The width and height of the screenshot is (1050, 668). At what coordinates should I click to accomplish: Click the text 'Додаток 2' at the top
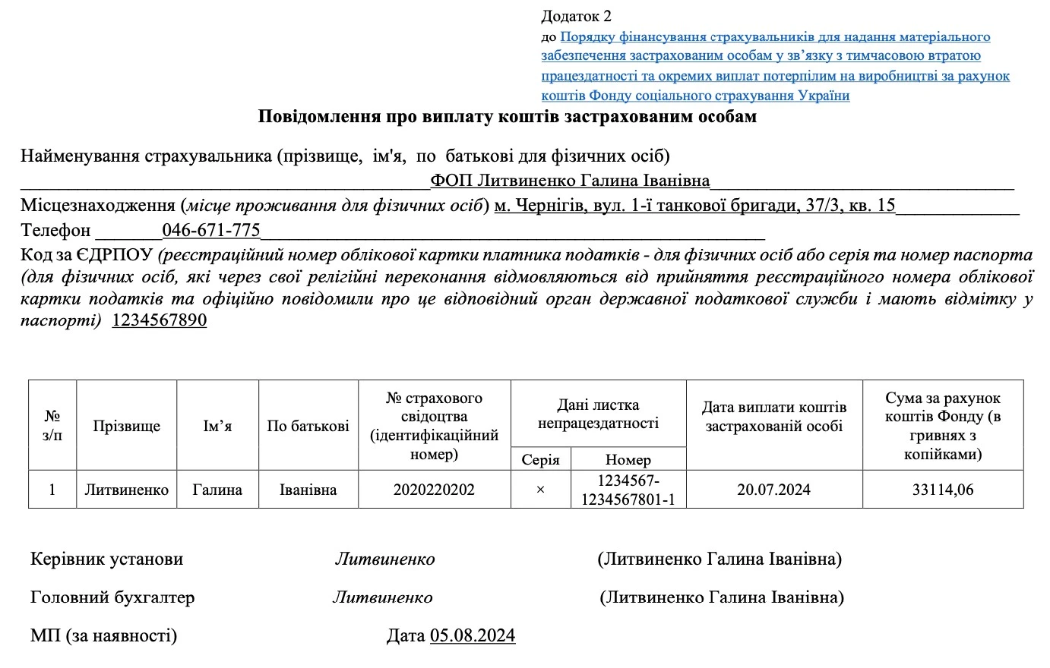(576, 16)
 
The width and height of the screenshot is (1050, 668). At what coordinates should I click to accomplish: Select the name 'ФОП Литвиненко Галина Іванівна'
(570, 181)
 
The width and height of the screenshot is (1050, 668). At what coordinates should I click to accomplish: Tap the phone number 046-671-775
(211, 230)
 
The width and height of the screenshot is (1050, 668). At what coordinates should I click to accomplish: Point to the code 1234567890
(160, 320)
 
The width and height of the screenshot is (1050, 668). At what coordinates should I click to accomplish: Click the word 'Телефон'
(55, 230)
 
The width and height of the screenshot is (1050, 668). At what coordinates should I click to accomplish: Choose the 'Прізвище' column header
(126, 426)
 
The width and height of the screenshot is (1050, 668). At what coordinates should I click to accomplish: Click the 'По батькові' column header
(308, 426)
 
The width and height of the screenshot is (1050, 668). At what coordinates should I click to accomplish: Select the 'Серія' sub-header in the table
(540, 459)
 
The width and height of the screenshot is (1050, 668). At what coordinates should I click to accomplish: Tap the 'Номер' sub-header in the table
(628, 459)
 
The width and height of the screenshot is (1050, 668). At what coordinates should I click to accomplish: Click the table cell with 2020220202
(434, 490)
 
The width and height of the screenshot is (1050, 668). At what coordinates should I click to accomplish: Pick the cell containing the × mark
(540, 490)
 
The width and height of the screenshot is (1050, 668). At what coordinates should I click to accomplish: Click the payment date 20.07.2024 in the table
(773, 490)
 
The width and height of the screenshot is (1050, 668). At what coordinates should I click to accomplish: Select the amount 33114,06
(942, 490)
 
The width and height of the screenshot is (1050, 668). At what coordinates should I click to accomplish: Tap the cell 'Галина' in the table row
(217, 490)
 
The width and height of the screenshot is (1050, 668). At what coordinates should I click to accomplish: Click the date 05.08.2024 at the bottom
(473, 635)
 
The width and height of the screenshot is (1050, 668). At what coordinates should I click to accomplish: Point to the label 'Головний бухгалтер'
(112, 597)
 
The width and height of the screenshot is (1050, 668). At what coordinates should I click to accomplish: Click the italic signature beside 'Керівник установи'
(385, 559)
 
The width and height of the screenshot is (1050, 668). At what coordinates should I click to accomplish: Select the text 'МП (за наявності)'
(103, 635)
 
